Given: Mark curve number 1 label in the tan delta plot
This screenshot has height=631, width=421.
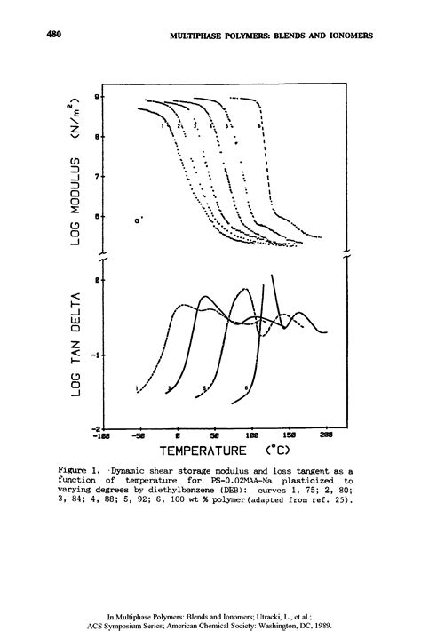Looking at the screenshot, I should click(136, 389).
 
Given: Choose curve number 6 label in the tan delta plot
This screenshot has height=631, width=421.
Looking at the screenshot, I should click(244, 389).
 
